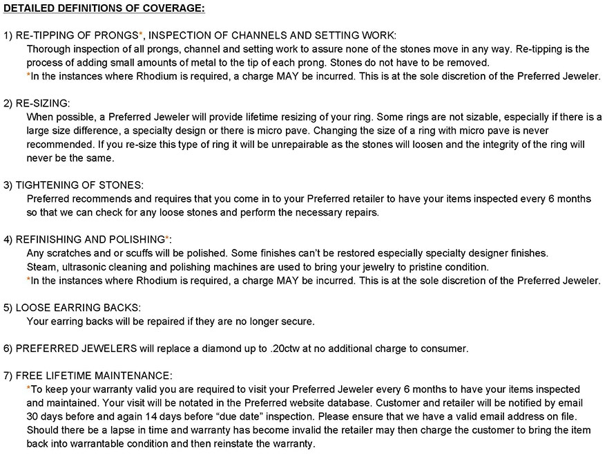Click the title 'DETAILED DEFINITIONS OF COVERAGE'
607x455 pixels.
coord(104,8)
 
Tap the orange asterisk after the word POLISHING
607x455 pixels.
coord(168,239)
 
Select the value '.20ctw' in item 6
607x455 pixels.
coord(284,349)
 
